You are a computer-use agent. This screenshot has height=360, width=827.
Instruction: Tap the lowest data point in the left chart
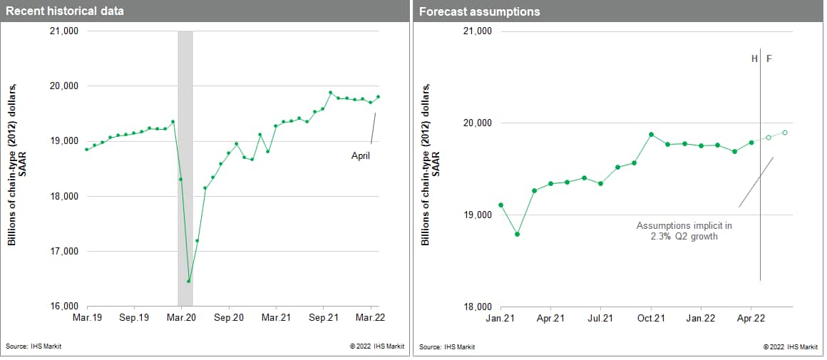point(189,281)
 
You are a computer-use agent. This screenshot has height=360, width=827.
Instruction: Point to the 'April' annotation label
point(361,154)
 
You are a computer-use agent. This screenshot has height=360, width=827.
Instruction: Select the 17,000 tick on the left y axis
point(63,252)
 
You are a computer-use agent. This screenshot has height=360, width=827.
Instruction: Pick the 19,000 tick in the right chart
point(477,215)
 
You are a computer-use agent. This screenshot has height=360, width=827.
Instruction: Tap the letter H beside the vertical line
point(754,58)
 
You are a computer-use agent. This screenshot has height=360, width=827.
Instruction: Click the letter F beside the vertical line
point(769,58)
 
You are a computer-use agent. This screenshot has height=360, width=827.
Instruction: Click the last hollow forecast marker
point(785,133)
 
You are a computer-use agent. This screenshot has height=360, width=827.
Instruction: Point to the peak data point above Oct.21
point(651,134)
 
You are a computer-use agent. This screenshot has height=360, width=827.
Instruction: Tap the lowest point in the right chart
point(517,235)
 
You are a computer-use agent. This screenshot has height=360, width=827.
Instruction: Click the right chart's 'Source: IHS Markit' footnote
point(447,347)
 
